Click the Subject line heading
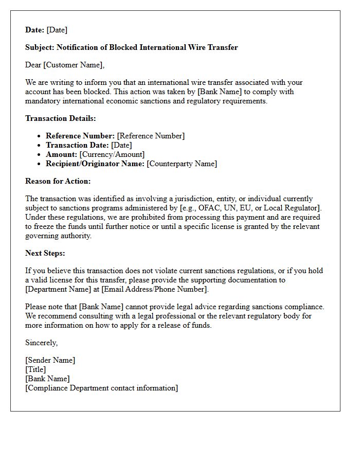131,47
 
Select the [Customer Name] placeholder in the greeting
74,65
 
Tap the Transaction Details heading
61,118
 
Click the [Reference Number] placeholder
151,136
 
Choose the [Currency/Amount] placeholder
112,154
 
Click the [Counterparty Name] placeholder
182,164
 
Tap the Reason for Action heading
58,181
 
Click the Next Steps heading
45,253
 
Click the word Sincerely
42,343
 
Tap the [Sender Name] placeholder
50,360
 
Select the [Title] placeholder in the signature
35,369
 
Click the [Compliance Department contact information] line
102,388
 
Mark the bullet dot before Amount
39,155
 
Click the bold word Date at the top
35,30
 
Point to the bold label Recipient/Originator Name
95,164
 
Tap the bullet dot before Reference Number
39,136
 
